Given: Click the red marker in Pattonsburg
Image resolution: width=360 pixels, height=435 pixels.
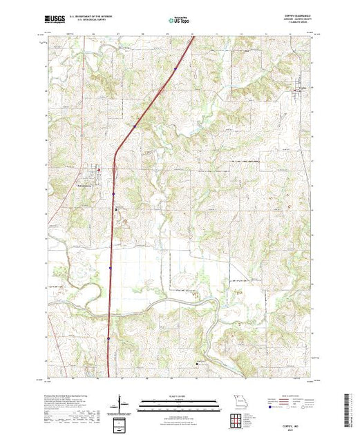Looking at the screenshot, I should [x=98, y=168].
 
